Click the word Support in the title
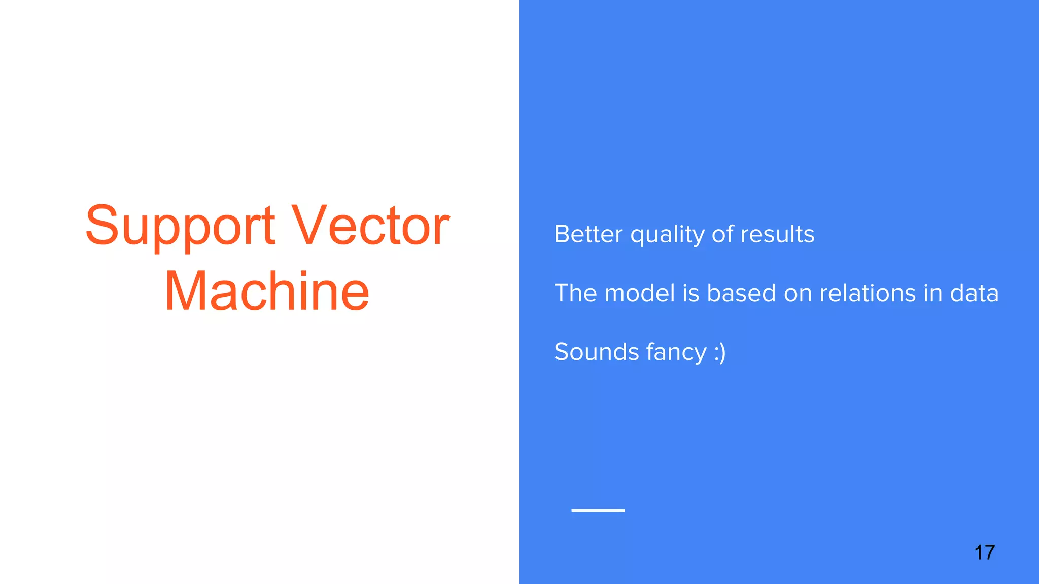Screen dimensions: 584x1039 [x=180, y=226]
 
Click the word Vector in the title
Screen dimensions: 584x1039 [x=371, y=226]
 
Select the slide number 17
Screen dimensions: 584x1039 [x=984, y=553]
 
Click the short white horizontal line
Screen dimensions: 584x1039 [x=598, y=510]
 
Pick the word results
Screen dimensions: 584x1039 [x=777, y=234]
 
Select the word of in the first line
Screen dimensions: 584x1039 [x=722, y=234]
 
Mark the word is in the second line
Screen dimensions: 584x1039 [x=691, y=293]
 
